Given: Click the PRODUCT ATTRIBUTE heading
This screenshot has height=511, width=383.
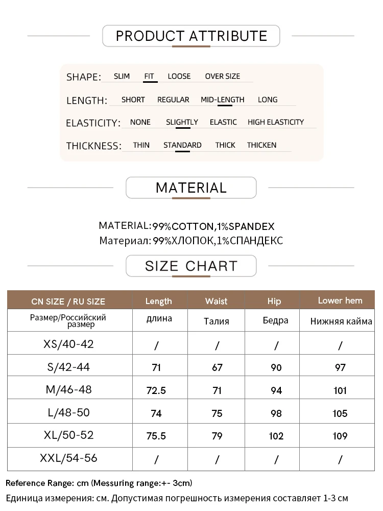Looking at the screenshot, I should (192, 36).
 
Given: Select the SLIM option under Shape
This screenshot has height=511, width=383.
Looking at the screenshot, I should (122, 76).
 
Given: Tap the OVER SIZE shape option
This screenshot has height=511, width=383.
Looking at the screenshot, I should (222, 76).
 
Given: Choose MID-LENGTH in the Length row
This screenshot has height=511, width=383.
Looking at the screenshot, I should (222, 100).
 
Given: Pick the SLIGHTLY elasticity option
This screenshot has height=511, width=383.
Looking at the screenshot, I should (182, 122).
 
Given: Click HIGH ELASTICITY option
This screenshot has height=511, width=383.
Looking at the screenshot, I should (275, 122).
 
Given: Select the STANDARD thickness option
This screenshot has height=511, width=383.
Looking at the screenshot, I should (182, 145).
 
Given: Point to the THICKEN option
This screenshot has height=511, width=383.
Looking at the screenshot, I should (261, 145).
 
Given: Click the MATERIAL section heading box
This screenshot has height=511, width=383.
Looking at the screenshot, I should (191, 188).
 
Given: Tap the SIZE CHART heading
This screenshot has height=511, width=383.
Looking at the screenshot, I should (191, 266).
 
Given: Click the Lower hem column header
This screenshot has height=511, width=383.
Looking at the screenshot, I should (340, 300).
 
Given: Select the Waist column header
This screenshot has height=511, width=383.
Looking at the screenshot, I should (216, 301).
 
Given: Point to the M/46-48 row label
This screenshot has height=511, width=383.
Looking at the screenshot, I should (69, 389).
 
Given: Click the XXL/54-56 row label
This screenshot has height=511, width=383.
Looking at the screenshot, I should (68, 458).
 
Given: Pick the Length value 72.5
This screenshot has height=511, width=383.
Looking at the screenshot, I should (156, 390).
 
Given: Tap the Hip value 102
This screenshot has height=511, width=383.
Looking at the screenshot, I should (276, 436).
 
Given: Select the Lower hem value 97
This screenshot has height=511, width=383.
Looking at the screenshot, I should (340, 367).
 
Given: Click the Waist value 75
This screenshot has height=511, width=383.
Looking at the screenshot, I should (217, 413).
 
